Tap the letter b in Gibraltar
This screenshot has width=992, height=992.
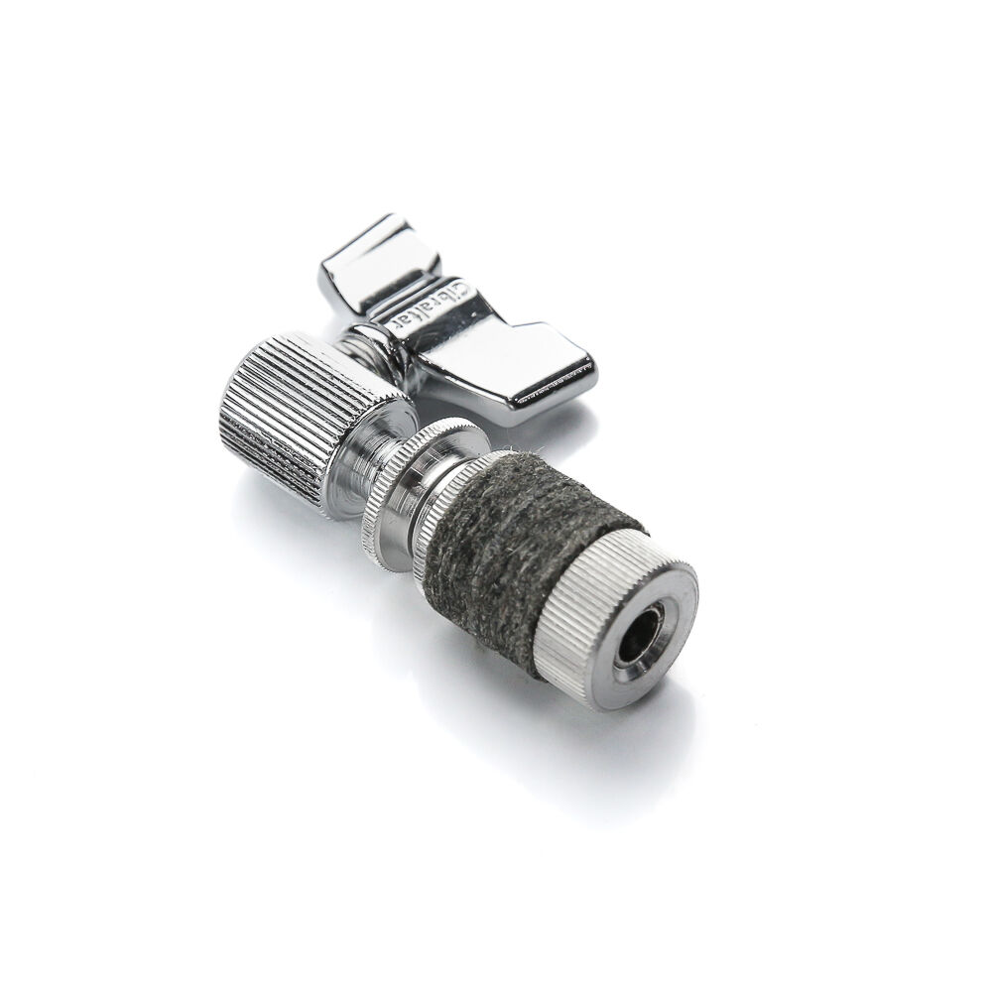click(444, 297)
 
